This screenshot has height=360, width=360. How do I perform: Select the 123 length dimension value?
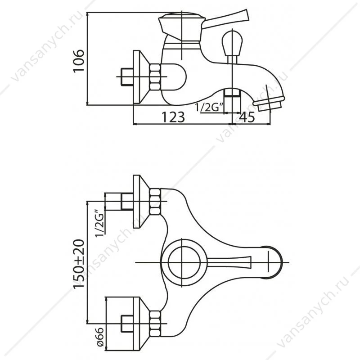[173, 117]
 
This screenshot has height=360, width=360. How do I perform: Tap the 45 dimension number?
[247, 117]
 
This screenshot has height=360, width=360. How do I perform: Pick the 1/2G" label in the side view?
[209, 108]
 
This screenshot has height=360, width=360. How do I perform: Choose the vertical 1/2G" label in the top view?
[100, 223]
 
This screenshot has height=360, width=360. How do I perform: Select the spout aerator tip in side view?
[269, 103]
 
